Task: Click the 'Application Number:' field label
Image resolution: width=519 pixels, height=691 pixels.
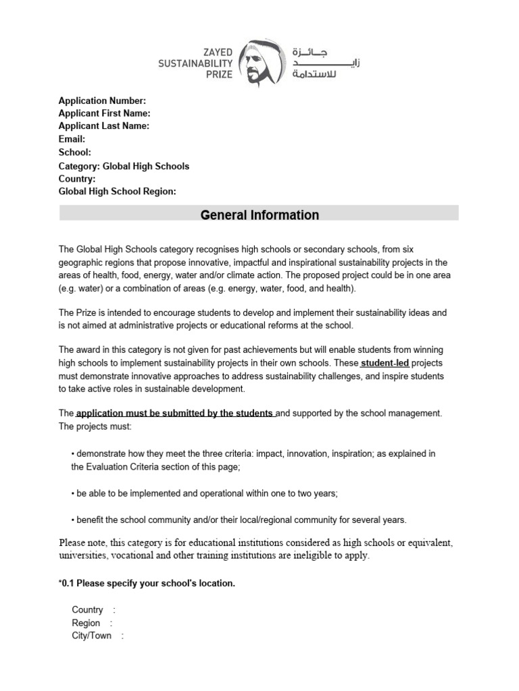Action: coord(102,101)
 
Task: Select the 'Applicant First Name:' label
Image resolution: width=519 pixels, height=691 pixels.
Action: coord(104,113)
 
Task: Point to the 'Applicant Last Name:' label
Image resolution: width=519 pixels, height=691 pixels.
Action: coord(103,126)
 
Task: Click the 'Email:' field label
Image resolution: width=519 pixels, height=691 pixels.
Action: coord(72,139)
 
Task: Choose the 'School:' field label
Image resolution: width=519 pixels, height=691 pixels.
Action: coord(75,153)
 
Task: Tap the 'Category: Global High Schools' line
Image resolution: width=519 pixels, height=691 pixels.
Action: coord(124,166)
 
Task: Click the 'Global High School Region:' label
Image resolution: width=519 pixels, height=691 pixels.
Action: coord(117,192)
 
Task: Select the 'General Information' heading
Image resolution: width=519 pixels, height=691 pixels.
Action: coord(259,215)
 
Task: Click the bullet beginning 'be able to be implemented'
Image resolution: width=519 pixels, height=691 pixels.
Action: coord(206,493)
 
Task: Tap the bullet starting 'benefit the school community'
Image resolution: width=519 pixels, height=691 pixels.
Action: coord(241,520)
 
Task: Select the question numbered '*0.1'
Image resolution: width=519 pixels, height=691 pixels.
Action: coord(147,584)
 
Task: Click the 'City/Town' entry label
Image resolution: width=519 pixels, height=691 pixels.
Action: coord(91,636)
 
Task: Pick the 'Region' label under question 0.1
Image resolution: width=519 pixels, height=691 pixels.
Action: coord(86,623)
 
